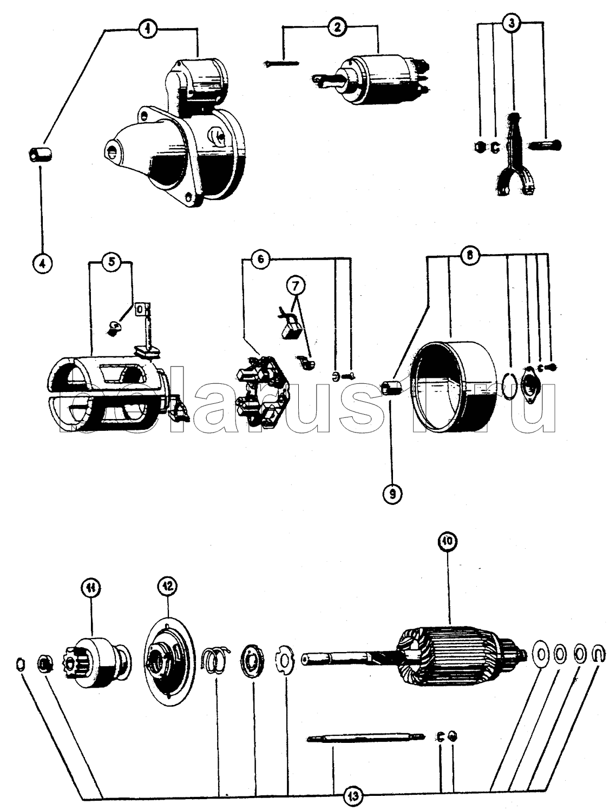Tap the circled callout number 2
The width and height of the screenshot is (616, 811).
[x=337, y=28]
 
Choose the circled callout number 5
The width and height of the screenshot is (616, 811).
[x=111, y=262]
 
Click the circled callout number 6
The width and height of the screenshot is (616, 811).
[x=260, y=259]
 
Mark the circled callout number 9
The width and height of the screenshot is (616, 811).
[x=391, y=493]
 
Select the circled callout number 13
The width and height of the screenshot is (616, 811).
[x=352, y=796]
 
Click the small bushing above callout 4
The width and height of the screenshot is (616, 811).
[x=39, y=156]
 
